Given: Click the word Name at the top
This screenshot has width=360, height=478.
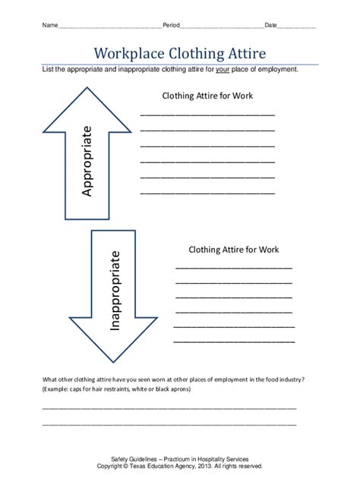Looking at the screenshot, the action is coord(49,26).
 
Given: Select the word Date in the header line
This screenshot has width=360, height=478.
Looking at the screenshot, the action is coord(270,26).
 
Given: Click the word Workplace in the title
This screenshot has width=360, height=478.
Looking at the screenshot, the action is coord(129,53).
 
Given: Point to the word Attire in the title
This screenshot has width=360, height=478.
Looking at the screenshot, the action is coord(243,53).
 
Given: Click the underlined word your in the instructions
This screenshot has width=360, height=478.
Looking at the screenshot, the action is coord(223,69).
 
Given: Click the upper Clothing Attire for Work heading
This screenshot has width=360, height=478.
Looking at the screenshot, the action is coord(207,96).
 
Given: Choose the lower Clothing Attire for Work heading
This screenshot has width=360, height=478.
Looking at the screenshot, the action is coord(233,248).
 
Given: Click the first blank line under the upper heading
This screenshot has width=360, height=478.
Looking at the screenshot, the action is coord(207,114).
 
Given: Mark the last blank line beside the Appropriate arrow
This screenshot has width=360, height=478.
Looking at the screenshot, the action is coord(207,193).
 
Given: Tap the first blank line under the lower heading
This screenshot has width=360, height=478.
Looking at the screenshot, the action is coord(233,268).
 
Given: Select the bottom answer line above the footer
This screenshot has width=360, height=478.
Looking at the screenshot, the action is coord(169,423).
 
